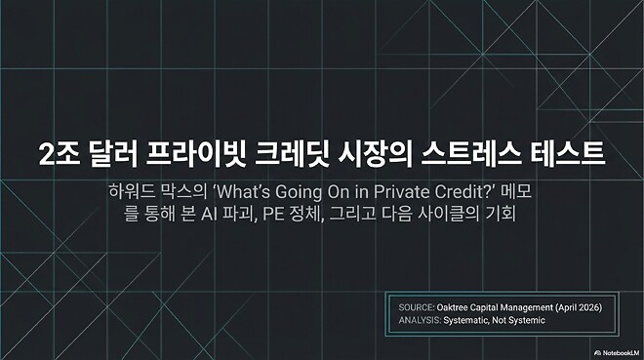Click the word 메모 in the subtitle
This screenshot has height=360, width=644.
coord(516,188)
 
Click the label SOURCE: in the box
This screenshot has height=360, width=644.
coord(418,305)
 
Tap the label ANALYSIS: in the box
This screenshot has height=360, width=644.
coord(422,319)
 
